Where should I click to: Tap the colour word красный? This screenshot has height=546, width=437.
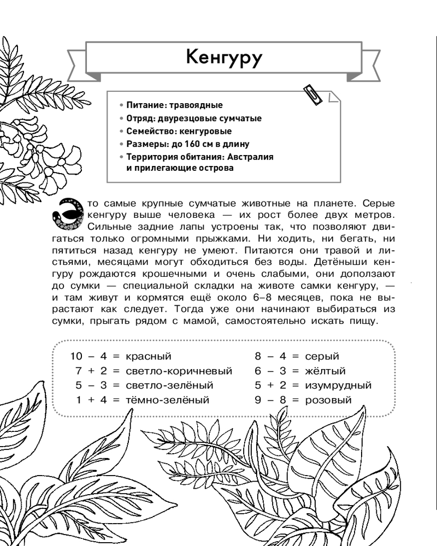(x=148, y=357)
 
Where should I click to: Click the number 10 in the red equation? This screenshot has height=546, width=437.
(x=76, y=357)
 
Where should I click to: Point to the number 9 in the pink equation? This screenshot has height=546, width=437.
(x=258, y=400)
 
